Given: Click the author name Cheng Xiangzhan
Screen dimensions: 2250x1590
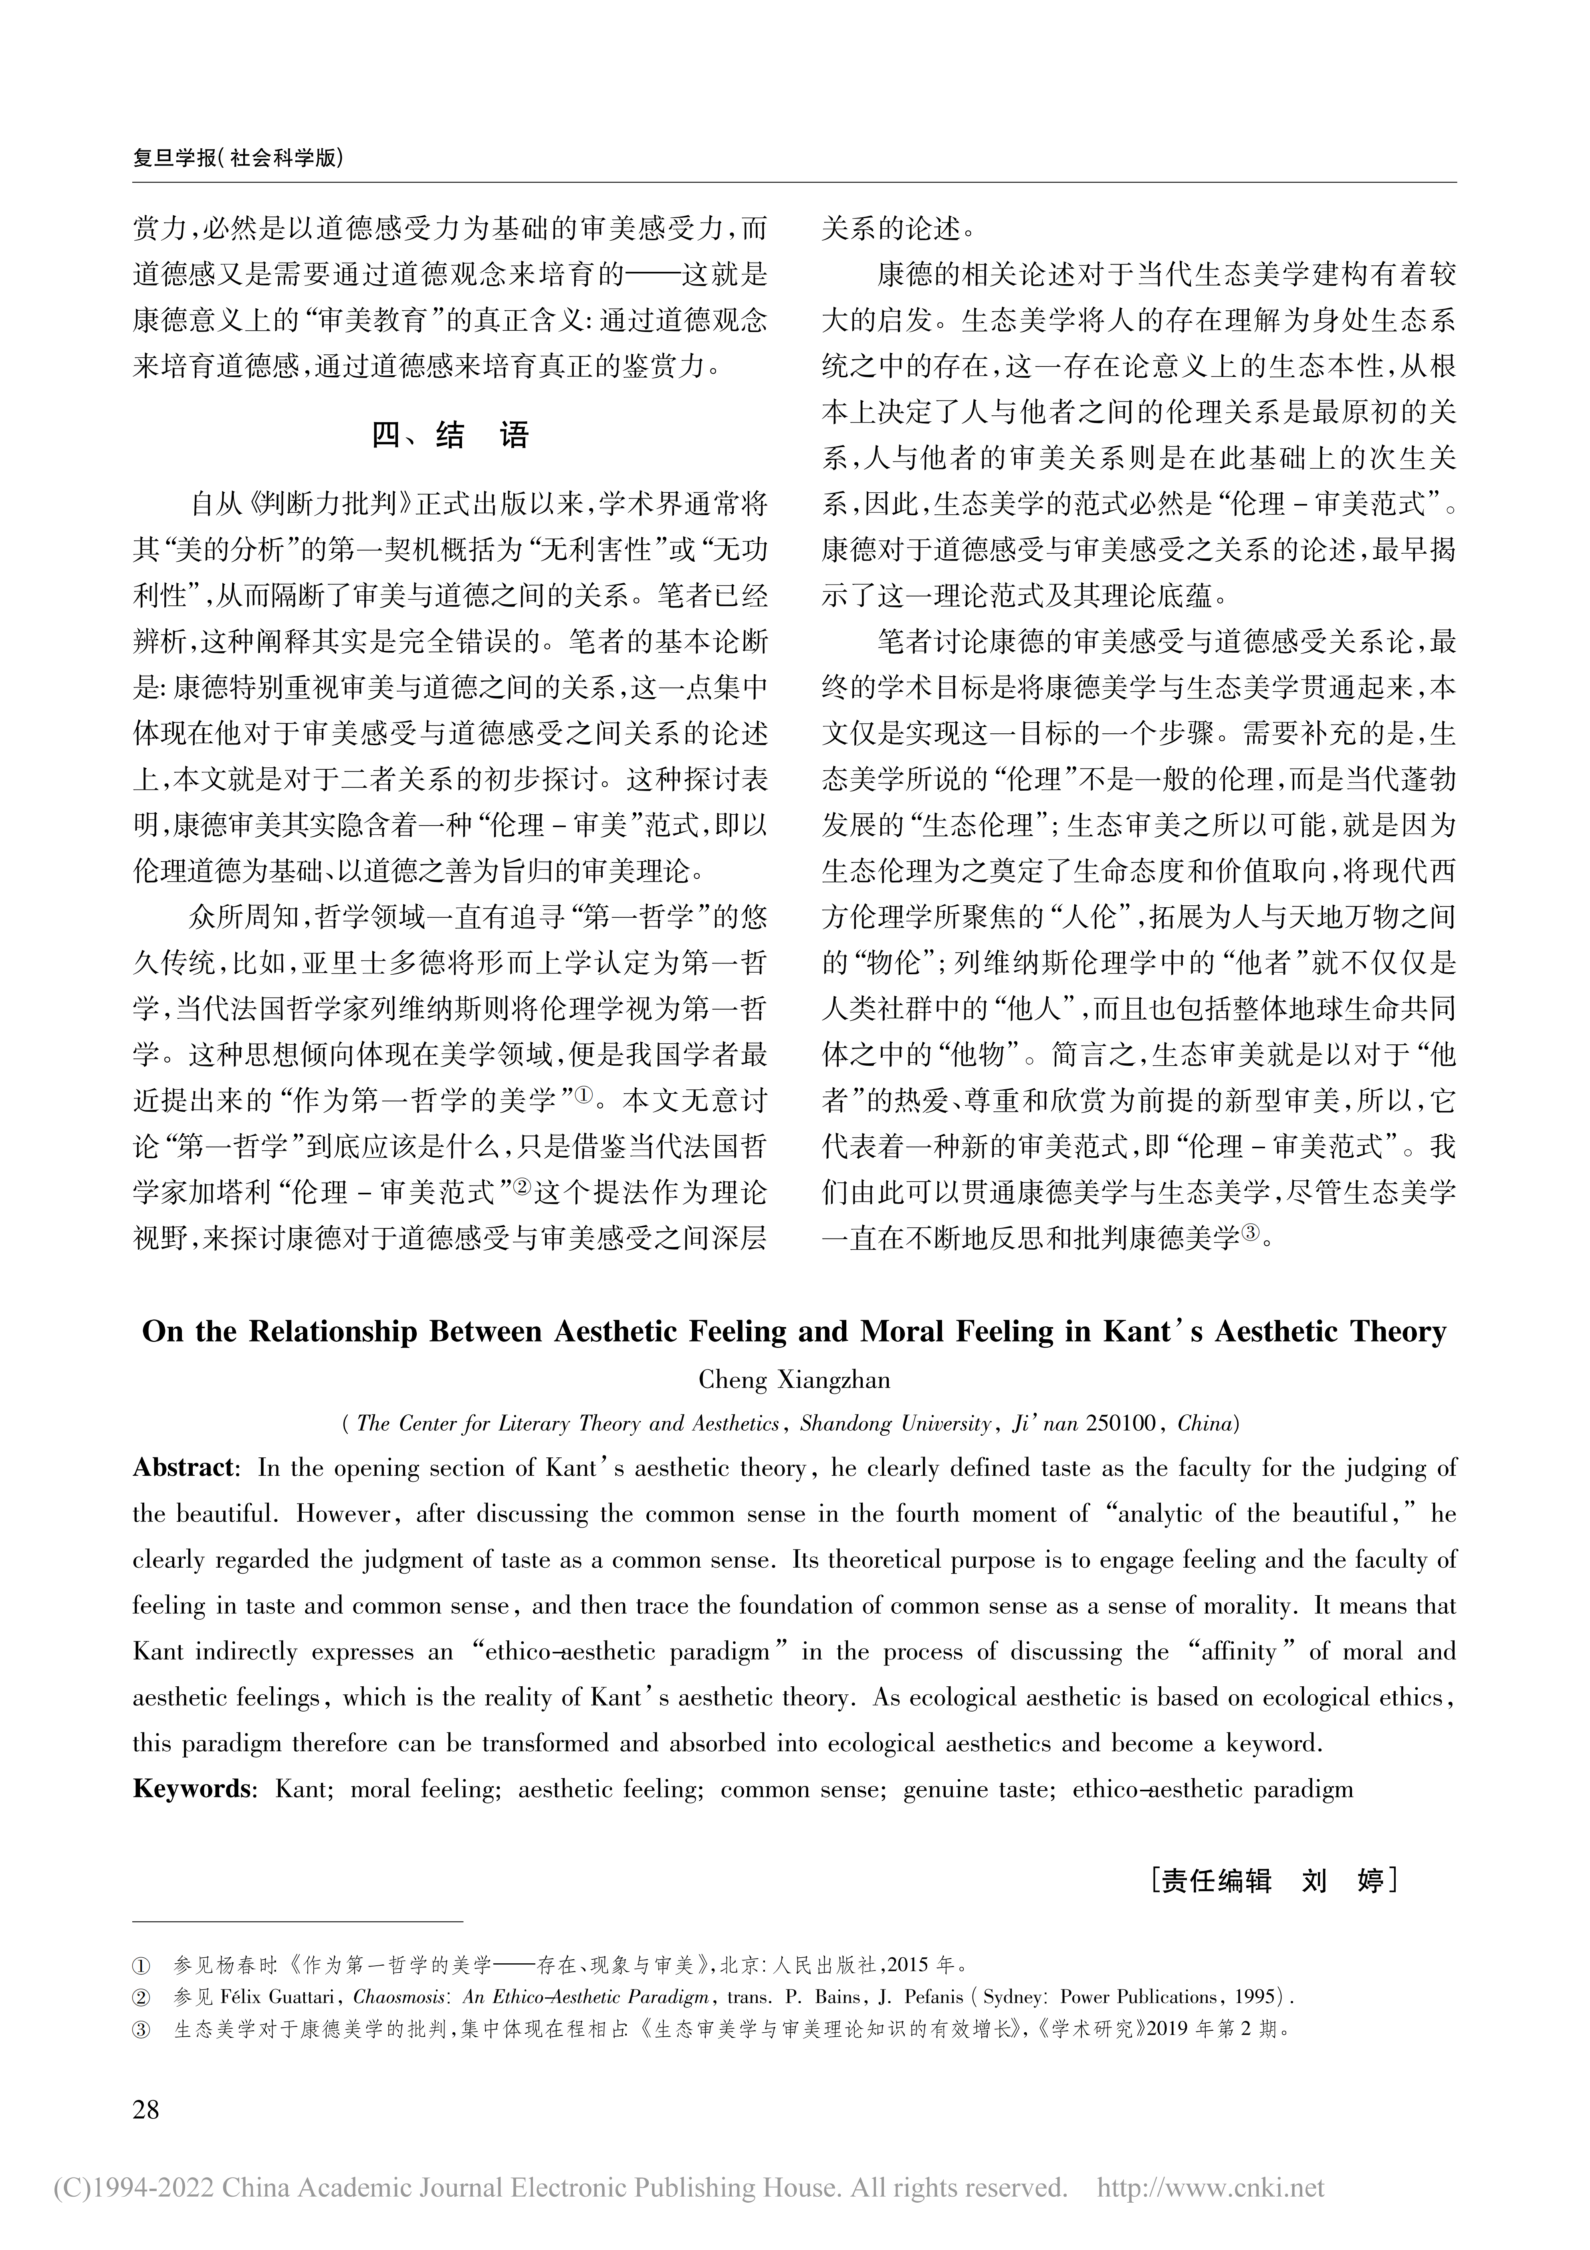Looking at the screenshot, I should tap(795, 1380).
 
